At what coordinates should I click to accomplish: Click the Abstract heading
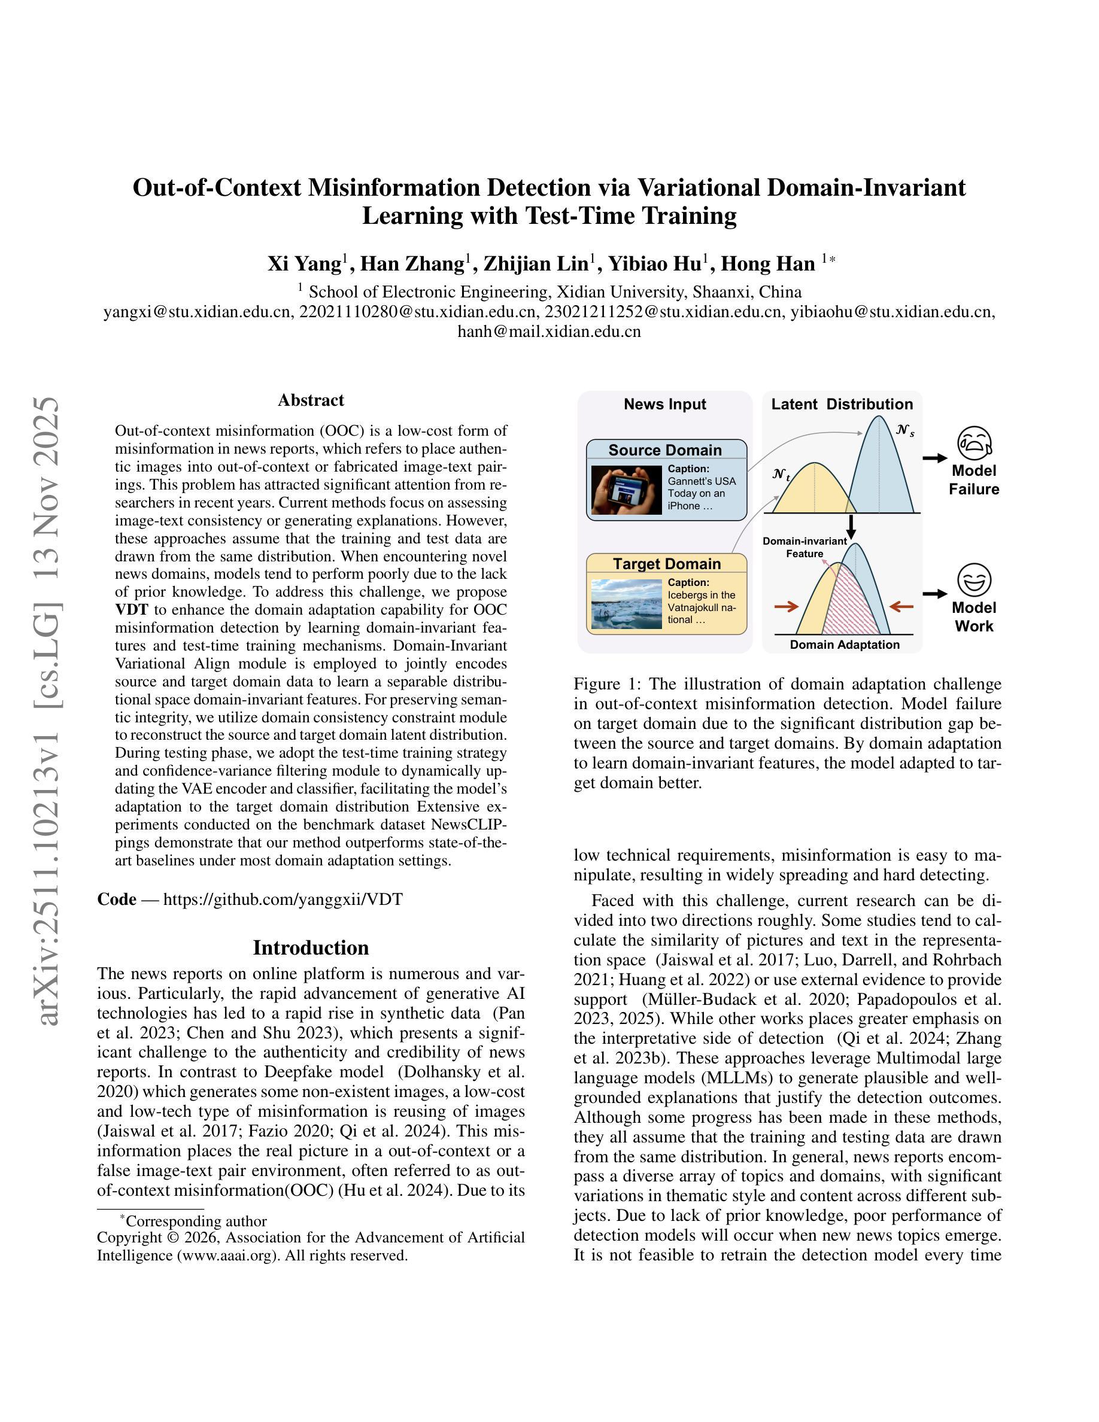coord(311,400)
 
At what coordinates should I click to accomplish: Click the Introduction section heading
coord(311,947)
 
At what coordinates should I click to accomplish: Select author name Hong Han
coord(767,264)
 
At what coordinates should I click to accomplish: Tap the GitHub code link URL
coord(283,899)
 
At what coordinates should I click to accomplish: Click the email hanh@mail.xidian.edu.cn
coord(549,332)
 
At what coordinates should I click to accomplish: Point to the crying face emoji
coord(974,442)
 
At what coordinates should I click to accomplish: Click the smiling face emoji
coord(974,579)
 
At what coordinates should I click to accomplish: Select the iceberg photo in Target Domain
coord(626,603)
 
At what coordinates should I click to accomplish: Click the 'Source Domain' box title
coord(665,450)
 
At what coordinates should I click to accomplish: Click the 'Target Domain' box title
coord(667,564)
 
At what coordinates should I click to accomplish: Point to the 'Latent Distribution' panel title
coord(842,405)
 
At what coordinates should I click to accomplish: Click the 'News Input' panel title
coord(665,405)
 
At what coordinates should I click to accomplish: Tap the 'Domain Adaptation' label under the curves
coord(845,645)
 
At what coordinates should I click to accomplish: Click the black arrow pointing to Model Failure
coord(935,458)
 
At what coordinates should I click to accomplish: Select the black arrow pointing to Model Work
coord(935,594)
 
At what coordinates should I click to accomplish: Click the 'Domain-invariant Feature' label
coord(804,547)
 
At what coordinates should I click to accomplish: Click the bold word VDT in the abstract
coord(132,610)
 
